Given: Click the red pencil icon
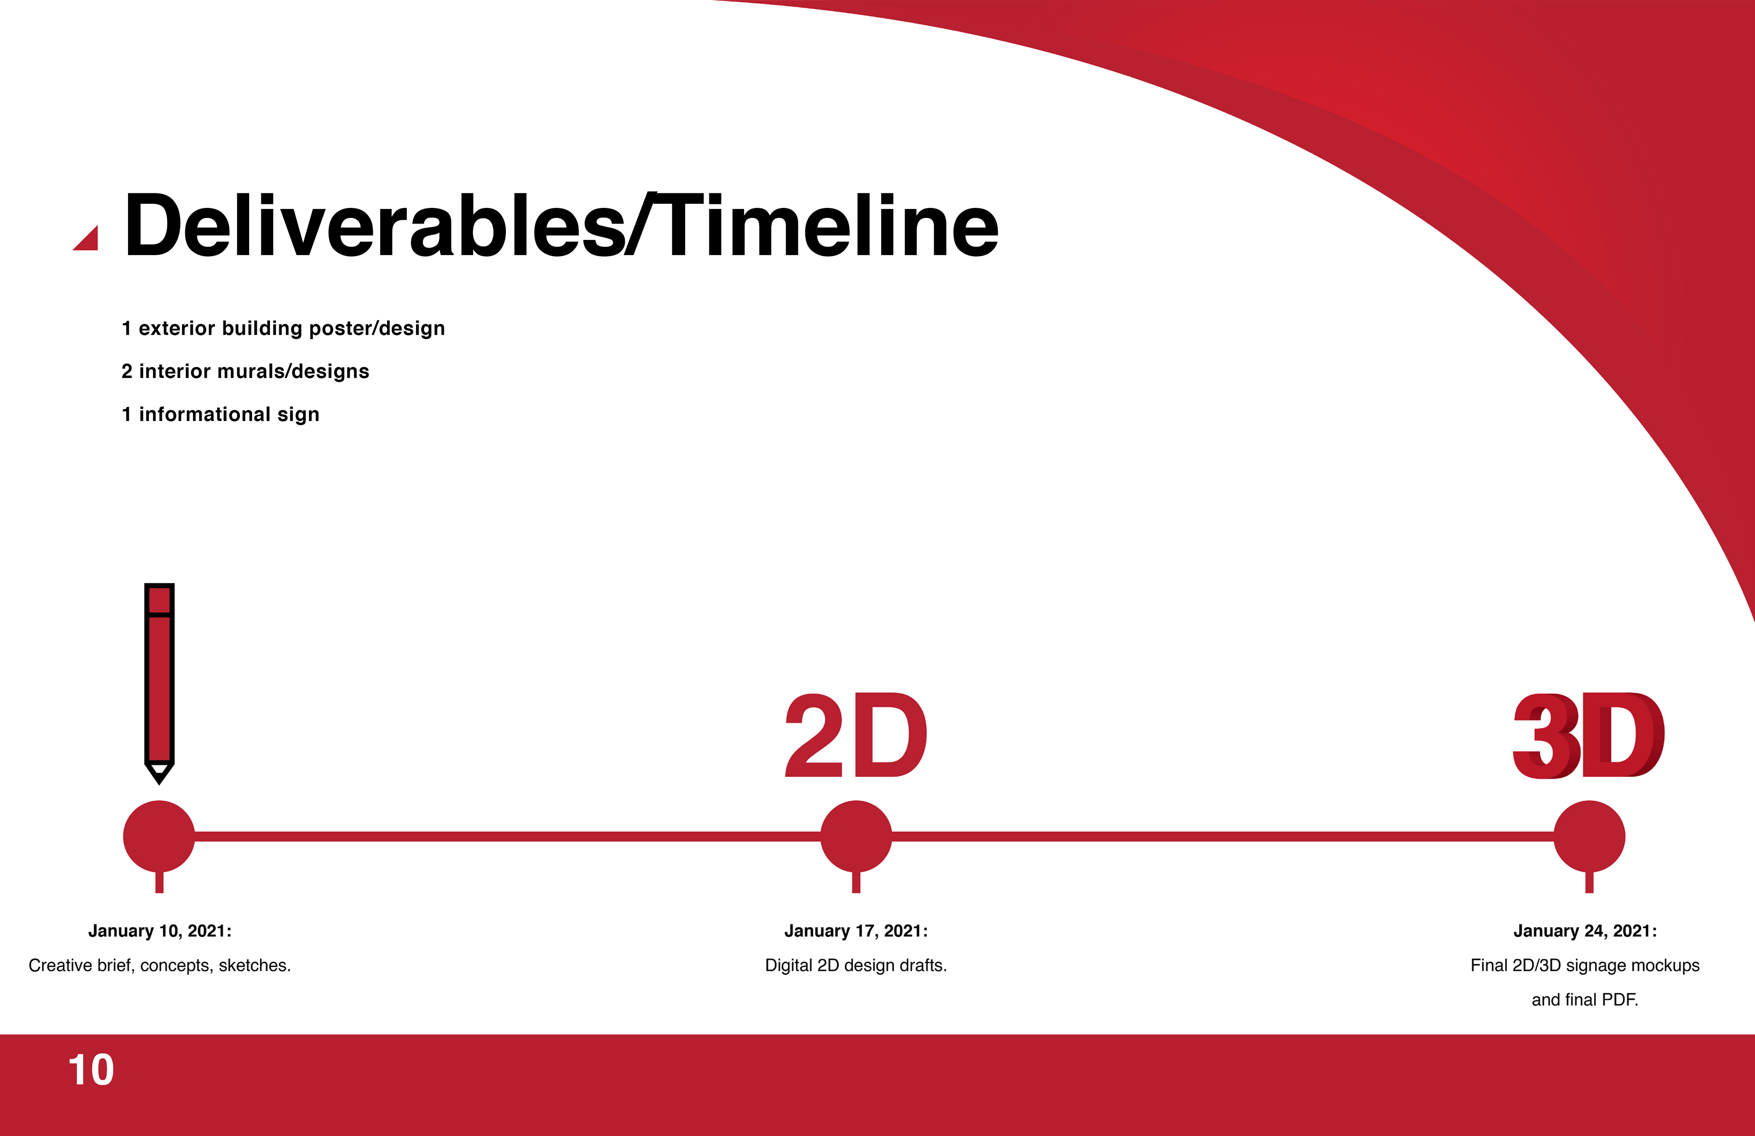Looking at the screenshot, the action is (x=160, y=683).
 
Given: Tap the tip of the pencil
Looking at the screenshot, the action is (x=160, y=784).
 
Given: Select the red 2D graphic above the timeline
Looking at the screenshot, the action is (x=856, y=736).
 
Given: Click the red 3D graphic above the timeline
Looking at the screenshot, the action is (x=1588, y=736).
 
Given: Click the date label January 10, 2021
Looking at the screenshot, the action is (x=160, y=931).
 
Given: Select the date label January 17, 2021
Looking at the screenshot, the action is (x=856, y=931).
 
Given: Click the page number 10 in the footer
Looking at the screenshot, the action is (x=91, y=1070).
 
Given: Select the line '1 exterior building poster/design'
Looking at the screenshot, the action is (x=283, y=328).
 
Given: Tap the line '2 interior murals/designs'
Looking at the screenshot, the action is (x=245, y=371).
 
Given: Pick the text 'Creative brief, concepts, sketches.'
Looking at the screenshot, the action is (x=160, y=965).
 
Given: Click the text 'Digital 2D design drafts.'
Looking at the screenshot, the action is (x=856, y=965).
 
